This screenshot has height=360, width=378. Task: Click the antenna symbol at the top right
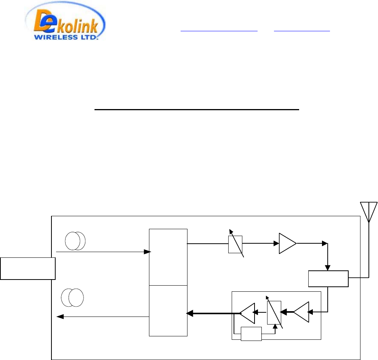click(x=369, y=212)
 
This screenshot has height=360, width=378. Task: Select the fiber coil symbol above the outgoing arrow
click(x=72, y=298)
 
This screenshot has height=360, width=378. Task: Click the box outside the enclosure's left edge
click(x=27, y=268)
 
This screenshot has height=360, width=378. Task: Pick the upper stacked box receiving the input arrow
click(x=168, y=257)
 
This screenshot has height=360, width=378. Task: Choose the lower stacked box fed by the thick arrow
click(x=168, y=310)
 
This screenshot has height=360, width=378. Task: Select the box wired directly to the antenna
click(x=328, y=279)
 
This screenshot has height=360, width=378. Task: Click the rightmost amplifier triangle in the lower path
click(x=302, y=312)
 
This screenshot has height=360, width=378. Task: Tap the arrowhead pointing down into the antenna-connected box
click(x=328, y=268)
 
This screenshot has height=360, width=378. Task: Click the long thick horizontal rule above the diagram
click(x=197, y=109)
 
